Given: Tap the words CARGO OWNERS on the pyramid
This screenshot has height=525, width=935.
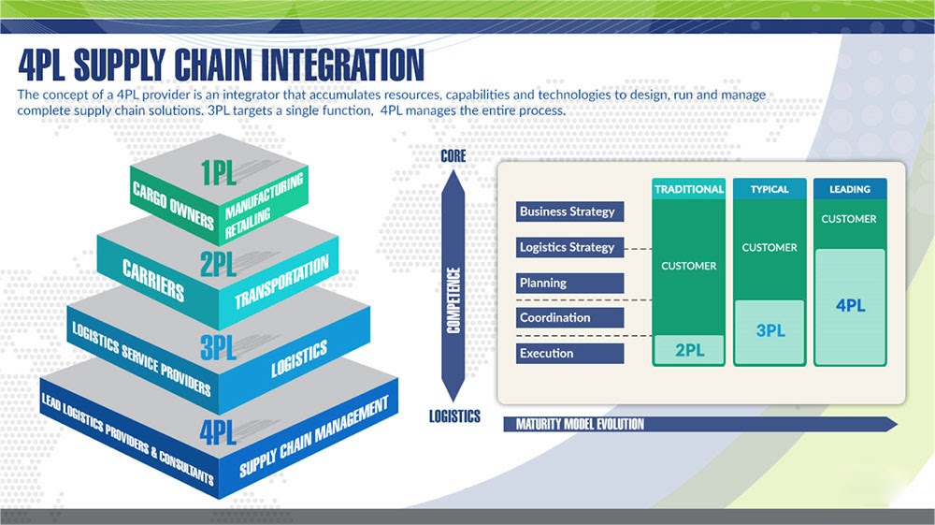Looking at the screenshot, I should (x=173, y=200).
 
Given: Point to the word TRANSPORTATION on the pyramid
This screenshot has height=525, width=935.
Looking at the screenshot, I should (x=281, y=282).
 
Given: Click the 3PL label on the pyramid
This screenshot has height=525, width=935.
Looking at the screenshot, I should (x=219, y=347).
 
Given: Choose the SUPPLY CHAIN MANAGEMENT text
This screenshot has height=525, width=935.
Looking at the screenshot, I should (x=313, y=437).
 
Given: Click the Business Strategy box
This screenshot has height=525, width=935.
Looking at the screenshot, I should (x=568, y=211).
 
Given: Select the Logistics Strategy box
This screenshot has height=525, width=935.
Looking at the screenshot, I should (x=568, y=247).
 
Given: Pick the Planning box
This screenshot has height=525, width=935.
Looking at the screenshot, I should (x=568, y=283).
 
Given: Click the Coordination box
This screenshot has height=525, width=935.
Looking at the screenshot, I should (x=568, y=318).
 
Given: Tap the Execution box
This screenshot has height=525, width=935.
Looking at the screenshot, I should (x=568, y=354).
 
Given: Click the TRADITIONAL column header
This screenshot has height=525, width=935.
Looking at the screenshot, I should (x=689, y=189).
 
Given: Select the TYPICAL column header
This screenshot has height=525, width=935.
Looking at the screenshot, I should (x=770, y=189).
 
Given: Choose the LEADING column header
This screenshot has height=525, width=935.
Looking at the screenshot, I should (x=850, y=189).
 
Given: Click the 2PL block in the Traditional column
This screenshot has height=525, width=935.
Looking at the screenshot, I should (x=689, y=350).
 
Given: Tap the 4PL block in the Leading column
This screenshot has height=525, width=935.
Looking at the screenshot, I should (x=850, y=306).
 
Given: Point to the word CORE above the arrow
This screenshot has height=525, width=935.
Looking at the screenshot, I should (x=453, y=156).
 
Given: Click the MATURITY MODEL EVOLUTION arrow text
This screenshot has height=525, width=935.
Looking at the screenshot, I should (x=581, y=424).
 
